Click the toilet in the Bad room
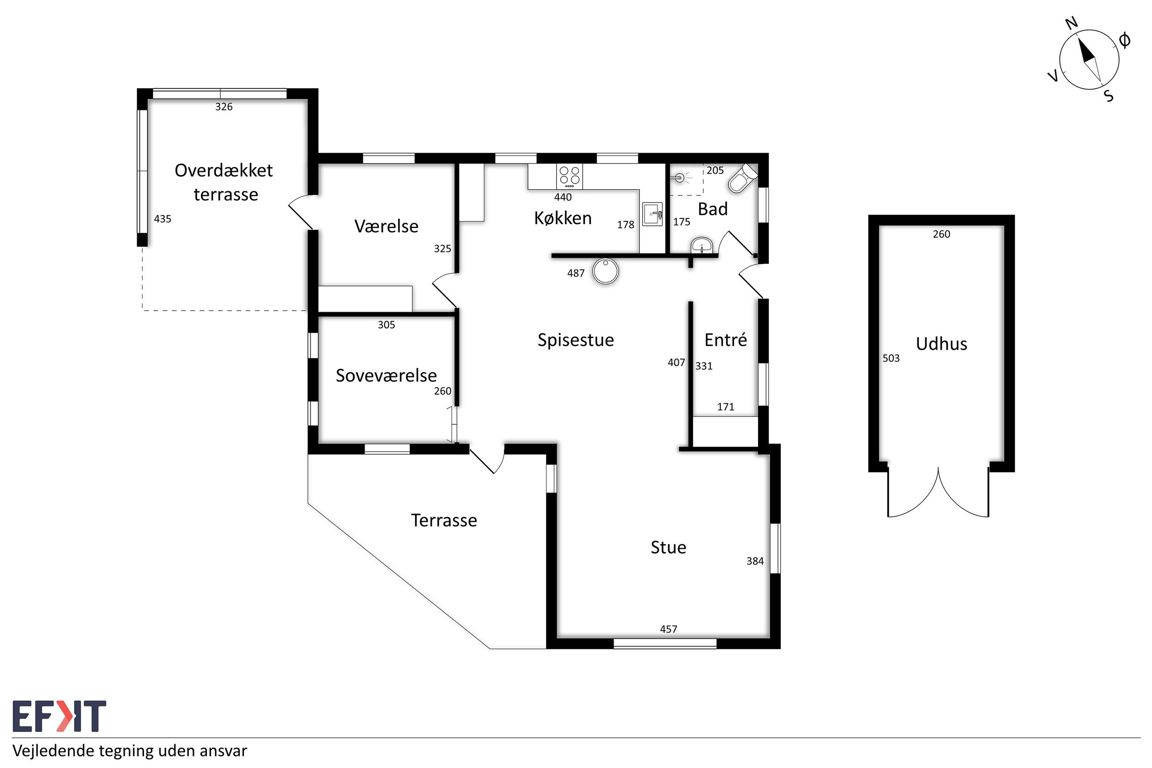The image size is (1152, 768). (742, 178)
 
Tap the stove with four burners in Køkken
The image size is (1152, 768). (569, 177)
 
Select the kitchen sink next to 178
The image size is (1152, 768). (652, 214)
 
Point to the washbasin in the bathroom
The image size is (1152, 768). (702, 246)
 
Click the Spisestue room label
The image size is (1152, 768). (575, 340)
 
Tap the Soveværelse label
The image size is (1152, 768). (386, 376)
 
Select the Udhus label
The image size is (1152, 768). (941, 344)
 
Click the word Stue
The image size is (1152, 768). (668, 548)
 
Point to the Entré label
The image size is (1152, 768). (726, 339)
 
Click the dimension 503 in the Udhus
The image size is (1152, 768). (891, 358)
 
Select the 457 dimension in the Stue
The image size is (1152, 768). (668, 629)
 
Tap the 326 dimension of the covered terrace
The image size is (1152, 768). (224, 107)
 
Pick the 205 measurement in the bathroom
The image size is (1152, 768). (715, 171)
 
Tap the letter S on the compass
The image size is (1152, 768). (1109, 96)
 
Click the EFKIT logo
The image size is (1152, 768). (59, 716)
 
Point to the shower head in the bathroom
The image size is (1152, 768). (680, 177)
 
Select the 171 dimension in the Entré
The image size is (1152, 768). (726, 406)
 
